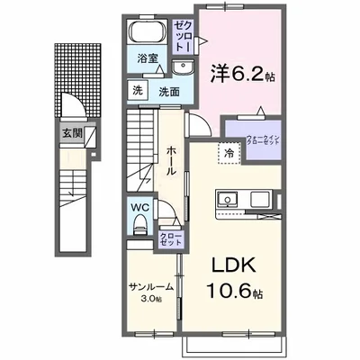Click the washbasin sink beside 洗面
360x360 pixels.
pos(188,71)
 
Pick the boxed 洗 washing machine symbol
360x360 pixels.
pos(137,91)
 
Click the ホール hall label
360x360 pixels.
pos(170,162)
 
